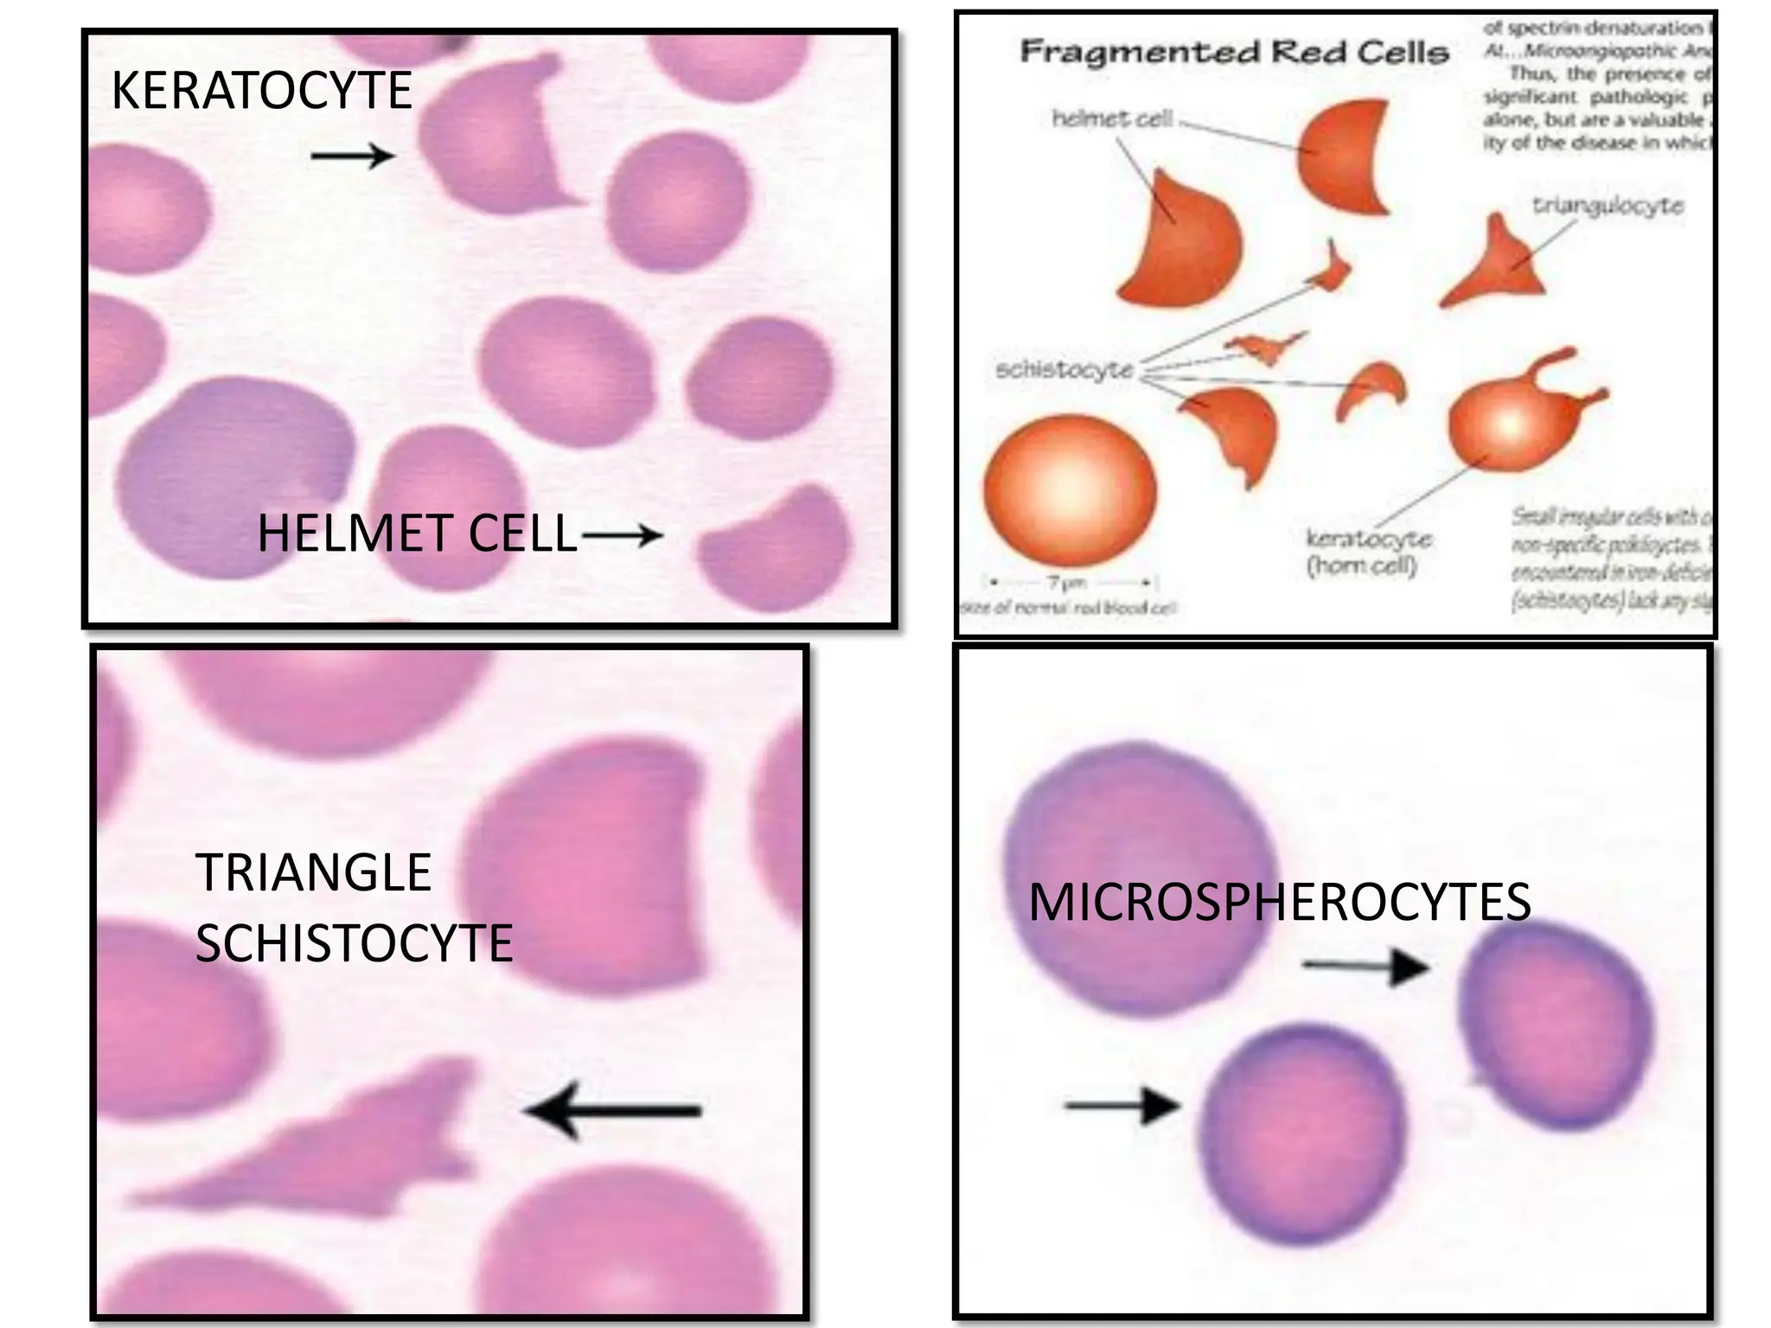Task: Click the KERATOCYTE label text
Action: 261,90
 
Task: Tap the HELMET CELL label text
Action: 417,533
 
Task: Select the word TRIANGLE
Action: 313,871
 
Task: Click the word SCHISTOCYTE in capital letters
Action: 354,942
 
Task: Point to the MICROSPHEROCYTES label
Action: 1279,902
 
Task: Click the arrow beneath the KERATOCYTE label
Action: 352,156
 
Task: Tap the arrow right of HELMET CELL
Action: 622,535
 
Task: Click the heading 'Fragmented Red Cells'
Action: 1234,52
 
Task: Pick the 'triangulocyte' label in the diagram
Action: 1608,206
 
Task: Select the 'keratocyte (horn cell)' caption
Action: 1368,552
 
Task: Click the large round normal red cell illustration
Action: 1070,488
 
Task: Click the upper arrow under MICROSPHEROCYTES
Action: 1364,966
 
